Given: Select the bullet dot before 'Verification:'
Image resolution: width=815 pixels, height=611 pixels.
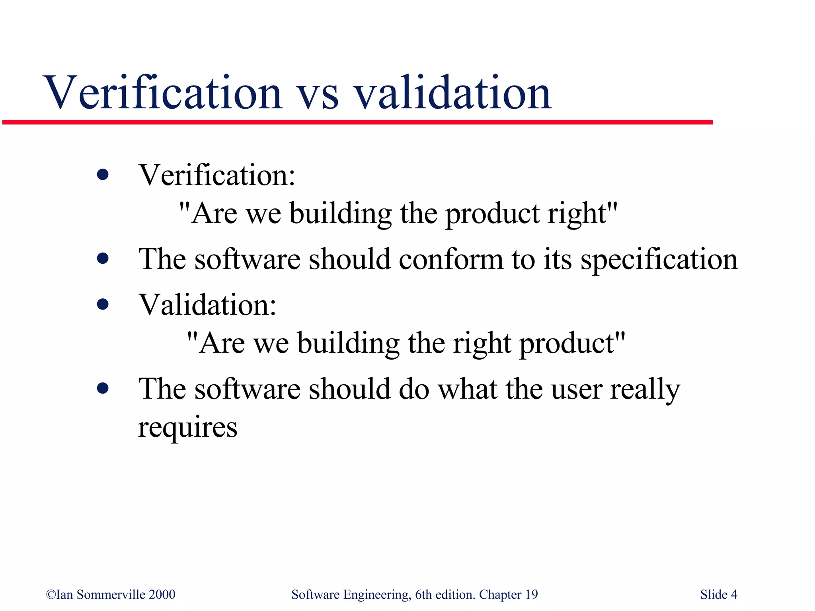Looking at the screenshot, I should (103, 175).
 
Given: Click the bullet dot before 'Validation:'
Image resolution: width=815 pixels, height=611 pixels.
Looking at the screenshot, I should (103, 304).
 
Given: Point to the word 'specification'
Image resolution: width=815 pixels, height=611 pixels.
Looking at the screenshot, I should (659, 260).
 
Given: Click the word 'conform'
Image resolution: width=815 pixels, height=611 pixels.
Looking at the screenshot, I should (451, 259).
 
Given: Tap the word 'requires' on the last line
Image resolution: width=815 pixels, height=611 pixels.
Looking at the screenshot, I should (187, 428).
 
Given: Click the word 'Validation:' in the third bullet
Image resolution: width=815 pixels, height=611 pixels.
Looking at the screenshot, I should (207, 305).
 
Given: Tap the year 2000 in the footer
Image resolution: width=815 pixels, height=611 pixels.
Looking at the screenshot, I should (162, 594).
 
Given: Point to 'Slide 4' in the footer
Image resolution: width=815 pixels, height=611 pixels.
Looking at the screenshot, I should (719, 594).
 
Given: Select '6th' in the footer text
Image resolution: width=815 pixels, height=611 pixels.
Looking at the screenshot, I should (423, 594).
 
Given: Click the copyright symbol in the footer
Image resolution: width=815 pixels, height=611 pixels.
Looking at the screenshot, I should (51, 595).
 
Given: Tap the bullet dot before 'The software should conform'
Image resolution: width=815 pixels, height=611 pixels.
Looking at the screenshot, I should (103, 259).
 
